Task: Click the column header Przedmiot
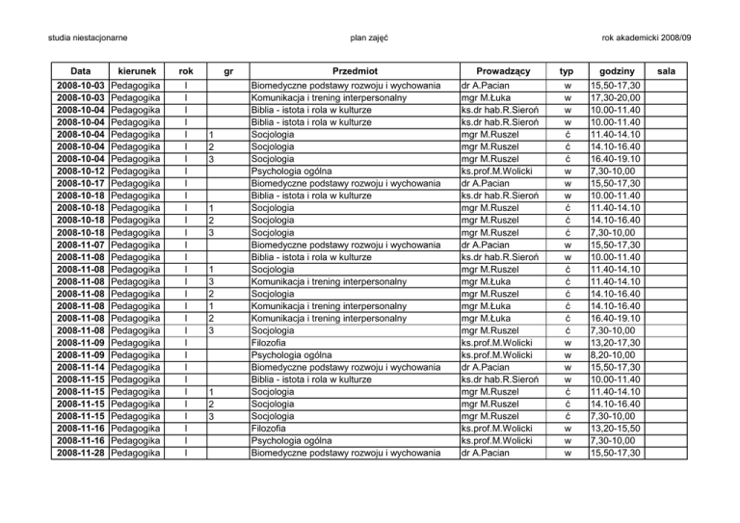[352, 71]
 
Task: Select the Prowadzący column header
[497, 71]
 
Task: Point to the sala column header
[678, 71]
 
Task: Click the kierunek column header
[135, 71]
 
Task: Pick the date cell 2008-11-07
[81, 245]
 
